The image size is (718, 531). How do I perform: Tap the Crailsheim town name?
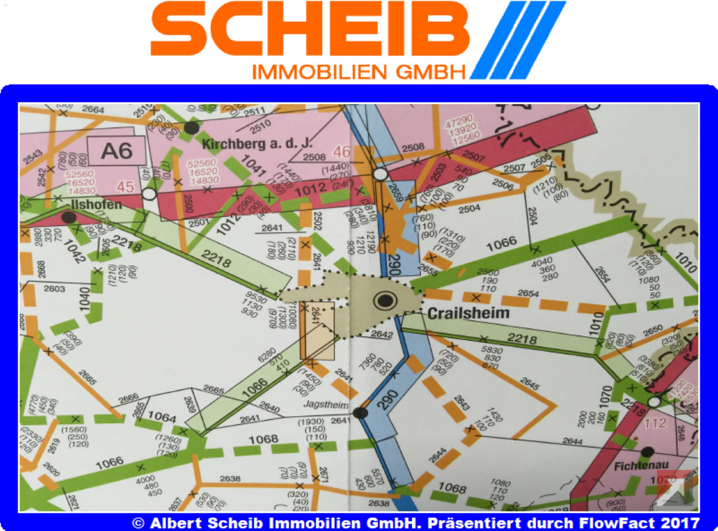coord(468,313)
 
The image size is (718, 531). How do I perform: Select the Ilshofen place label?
coord(96,205)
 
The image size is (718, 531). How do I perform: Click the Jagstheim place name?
coord(325,405)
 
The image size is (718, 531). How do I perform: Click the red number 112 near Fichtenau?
coord(655,423)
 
